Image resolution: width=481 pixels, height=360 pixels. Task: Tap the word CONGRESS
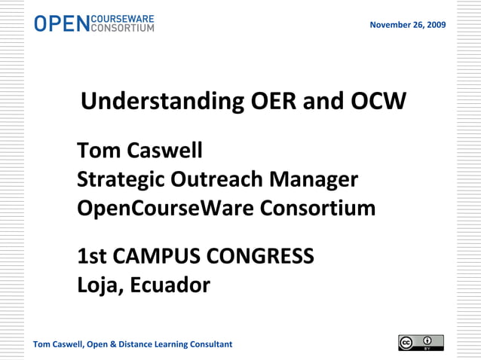(x=260, y=258)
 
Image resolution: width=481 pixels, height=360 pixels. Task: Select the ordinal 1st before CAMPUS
(x=92, y=258)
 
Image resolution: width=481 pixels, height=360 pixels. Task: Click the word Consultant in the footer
(x=210, y=345)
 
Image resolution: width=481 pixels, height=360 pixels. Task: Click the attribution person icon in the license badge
(x=427, y=341)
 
